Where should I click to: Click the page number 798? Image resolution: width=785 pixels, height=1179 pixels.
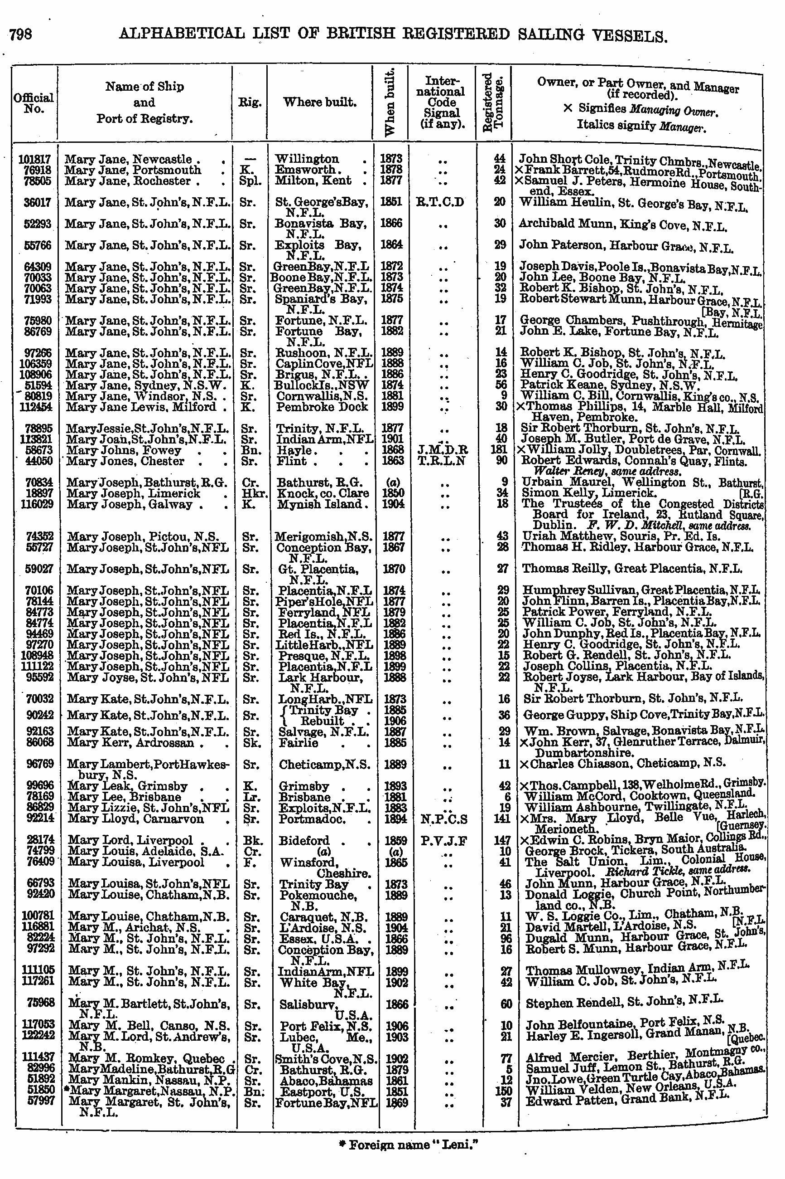[21, 34]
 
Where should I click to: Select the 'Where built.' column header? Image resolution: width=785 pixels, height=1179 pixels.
[319, 102]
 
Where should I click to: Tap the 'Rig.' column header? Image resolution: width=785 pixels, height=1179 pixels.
[249, 102]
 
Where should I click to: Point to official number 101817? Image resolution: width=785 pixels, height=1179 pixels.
[34, 159]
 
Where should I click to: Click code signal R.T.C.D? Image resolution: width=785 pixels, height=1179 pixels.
[440, 202]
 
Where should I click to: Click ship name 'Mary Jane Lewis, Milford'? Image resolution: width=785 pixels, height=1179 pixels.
[141, 406]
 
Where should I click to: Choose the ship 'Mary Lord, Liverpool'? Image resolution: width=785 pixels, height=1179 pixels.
[130, 840]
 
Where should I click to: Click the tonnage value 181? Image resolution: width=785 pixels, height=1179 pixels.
[499, 449]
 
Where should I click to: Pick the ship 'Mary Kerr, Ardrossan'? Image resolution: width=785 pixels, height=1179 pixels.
[130, 743]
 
